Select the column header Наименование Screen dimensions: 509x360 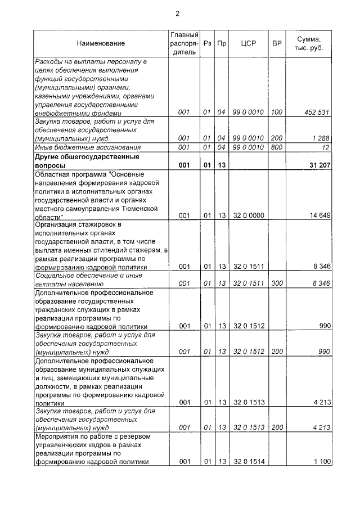pos(101,43)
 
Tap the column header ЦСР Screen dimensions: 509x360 pos(248,43)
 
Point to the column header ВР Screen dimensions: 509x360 pos(277,43)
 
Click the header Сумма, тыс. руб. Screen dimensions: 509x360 pos(312,43)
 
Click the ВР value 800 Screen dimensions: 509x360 pos(277,147)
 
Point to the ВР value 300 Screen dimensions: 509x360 pos(277,283)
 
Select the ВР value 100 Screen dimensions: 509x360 pos(277,112)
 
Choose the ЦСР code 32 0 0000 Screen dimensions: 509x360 pos(248,215)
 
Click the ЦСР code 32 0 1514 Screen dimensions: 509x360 pos(248,462)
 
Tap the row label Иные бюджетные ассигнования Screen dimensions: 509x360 pos(79,147)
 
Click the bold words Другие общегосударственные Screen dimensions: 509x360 pos(87,157)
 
